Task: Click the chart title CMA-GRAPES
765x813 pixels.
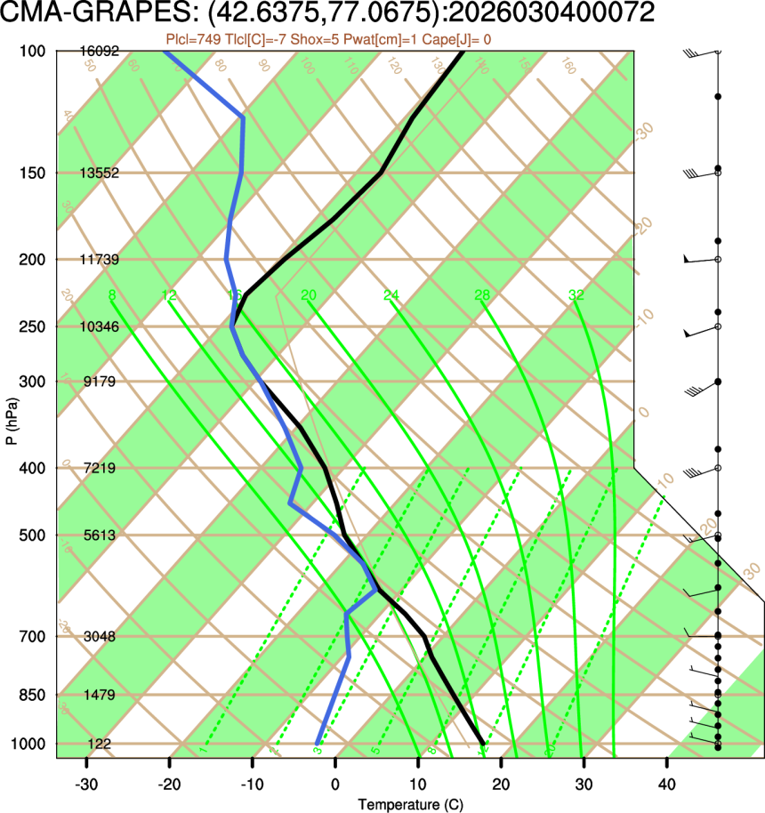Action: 85,14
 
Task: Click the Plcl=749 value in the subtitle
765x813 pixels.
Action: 193,39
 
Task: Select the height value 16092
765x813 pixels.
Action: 99,52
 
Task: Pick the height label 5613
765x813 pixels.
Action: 99,535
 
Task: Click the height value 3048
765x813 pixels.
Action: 99,637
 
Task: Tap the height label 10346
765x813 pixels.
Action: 99,326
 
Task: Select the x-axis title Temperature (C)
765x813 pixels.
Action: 410,804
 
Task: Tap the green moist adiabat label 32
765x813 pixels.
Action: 576,294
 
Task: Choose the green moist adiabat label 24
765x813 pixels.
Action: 391,294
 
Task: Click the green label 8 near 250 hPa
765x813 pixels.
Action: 111,294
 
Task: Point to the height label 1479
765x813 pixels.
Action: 99,695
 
